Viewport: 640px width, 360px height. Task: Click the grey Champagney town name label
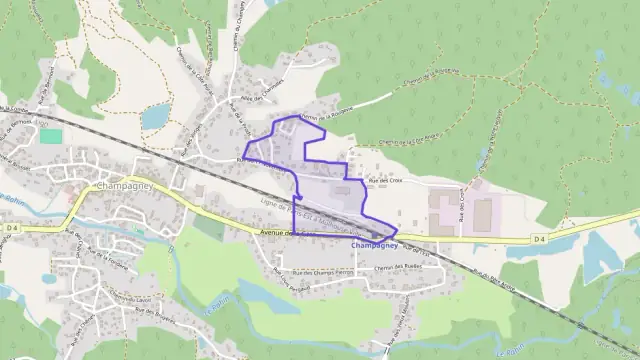(x=123, y=186)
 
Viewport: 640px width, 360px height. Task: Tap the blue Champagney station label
(x=375, y=245)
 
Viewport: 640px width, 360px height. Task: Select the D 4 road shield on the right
(x=539, y=239)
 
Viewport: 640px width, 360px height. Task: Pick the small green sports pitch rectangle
(x=50, y=135)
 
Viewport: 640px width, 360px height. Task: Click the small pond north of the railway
(x=155, y=118)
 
